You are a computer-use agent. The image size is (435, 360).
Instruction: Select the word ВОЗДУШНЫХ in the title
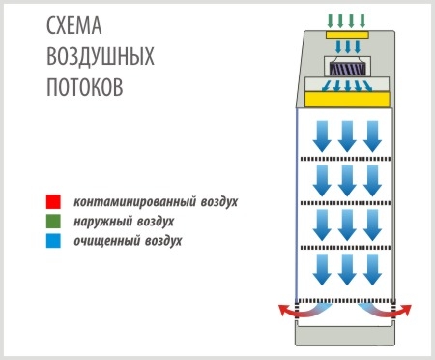tap(101, 57)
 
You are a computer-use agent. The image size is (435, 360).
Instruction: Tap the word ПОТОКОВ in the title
tap(84, 85)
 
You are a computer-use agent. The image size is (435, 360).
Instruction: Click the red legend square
tap(54, 202)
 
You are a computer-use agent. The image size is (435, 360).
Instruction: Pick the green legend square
tap(54, 222)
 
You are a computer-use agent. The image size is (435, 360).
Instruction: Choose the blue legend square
tap(54, 241)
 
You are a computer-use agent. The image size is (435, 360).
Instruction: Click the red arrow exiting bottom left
tap(287, 310)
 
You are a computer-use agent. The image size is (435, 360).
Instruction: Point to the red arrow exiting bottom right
tap(402, 310)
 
